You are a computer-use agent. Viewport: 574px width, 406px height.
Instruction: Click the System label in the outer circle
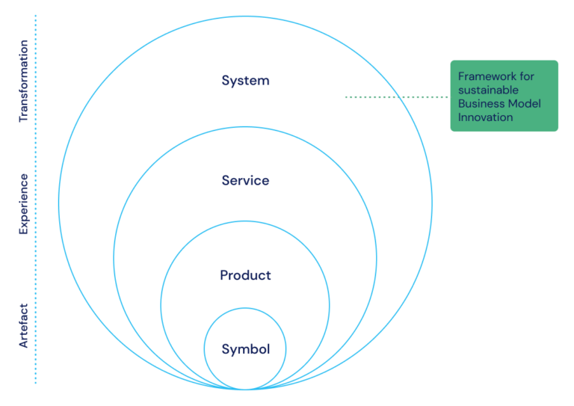coord(245,81)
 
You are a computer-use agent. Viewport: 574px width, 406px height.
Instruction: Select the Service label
coord(245,180)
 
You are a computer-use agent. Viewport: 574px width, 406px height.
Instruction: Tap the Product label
coord(245,275)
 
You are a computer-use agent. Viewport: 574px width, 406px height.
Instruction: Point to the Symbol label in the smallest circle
coord(245,349)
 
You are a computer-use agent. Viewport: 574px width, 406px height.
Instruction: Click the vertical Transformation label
coord(23,81)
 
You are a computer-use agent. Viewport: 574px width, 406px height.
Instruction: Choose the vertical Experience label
coord(23,204)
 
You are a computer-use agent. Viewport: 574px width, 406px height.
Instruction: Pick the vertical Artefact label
coord(23,325)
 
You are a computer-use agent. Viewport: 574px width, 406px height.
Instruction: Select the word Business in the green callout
coord(481,103)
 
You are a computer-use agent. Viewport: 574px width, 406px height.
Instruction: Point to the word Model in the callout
coord(524,103)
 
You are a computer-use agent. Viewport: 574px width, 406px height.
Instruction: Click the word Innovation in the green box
coord(486,117)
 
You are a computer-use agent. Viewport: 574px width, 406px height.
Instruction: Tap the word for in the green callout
coord(528,76)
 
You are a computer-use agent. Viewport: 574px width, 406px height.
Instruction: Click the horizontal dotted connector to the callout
coord(396,96)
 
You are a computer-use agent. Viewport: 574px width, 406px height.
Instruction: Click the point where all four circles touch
coord(245,390)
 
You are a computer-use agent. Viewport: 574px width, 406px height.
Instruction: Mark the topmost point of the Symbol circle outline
coord(245,308)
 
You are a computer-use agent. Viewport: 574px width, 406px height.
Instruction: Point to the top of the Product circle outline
coord(245,221)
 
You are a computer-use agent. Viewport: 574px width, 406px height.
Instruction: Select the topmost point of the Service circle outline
coord(245,127)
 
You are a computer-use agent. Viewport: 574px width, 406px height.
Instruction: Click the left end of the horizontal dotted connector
coord(347,96)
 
